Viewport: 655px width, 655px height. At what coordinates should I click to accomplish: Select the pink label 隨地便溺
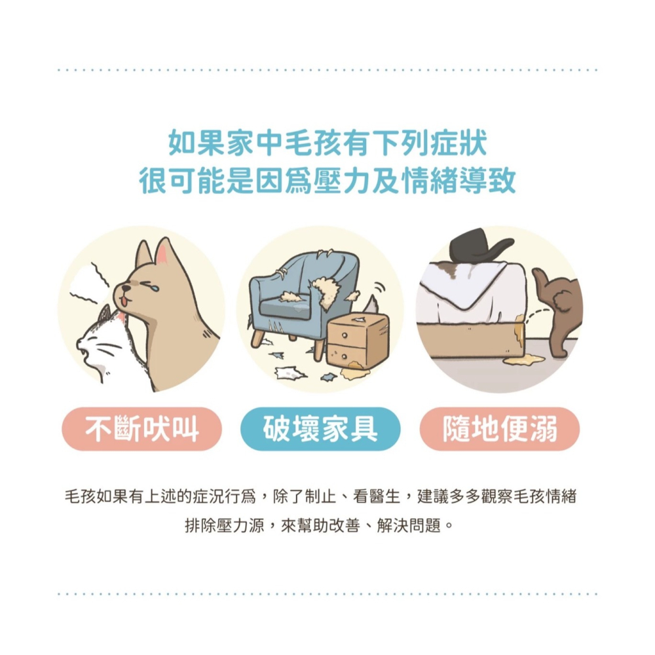tap(499, 429)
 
